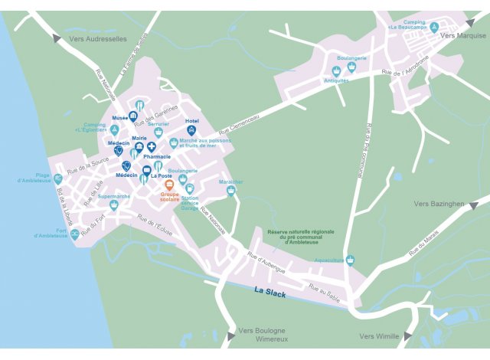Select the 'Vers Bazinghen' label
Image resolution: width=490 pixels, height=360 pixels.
click(x=439, y=204)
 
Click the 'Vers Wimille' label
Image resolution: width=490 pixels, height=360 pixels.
click(x=380, y=336)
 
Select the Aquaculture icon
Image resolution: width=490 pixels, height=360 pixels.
click(x=351, y=260)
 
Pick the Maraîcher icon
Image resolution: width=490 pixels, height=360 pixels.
click(x=230, y=191)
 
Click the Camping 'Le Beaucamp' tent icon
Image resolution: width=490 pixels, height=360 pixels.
click(x=434, y=28)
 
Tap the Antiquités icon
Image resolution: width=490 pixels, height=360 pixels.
click(x=336, y=70)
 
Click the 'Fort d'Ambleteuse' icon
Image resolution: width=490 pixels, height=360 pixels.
click(x=74, y=234)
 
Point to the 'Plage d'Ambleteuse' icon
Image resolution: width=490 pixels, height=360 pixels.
click(x=58, y=178)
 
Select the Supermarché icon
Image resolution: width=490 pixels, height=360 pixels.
click(x=114, y=205)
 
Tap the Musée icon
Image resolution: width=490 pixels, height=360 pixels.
click(x=133, y=117)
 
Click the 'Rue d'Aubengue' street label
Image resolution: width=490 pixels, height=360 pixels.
click(x=266, y=263)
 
